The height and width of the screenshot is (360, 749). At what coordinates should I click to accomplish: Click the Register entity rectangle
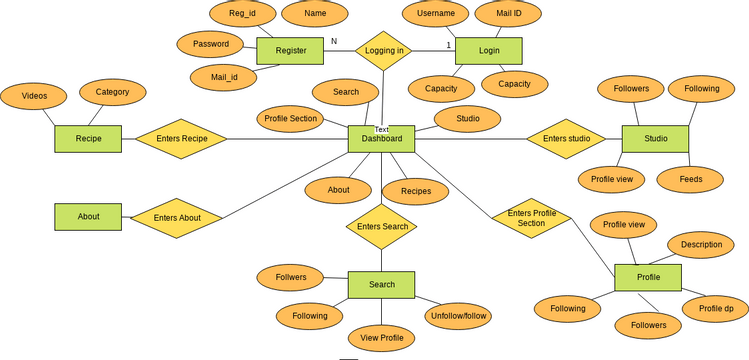(291, 51)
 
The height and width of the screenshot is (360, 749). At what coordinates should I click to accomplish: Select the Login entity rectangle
(489, 50)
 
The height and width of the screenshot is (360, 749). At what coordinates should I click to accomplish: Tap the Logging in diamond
(385, 50)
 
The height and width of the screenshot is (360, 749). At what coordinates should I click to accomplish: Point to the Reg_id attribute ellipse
(242, 14)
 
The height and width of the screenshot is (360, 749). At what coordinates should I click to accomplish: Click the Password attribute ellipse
(210, 44)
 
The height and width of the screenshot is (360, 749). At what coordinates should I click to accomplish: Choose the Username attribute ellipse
(435, 14)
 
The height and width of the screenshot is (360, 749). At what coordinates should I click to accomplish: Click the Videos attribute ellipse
(34, 96)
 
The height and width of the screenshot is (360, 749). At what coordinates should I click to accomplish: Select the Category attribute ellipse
(112, 92)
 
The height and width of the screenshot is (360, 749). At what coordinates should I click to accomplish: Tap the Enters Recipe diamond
(181, 138)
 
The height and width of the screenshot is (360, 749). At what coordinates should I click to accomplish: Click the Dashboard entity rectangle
(381, 139)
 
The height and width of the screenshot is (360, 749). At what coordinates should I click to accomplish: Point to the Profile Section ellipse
(290, 118)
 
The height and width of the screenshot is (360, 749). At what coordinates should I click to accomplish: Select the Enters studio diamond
(566, 138)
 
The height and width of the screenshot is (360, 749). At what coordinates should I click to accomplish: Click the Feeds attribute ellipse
(691, 180)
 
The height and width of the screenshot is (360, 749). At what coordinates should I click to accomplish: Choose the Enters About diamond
(177, 217)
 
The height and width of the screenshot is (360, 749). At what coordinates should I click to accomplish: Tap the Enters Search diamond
(381, 227)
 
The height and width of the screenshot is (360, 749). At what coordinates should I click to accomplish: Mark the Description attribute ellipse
(701, 245)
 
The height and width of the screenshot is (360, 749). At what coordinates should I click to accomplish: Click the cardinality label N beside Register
(334, 41)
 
